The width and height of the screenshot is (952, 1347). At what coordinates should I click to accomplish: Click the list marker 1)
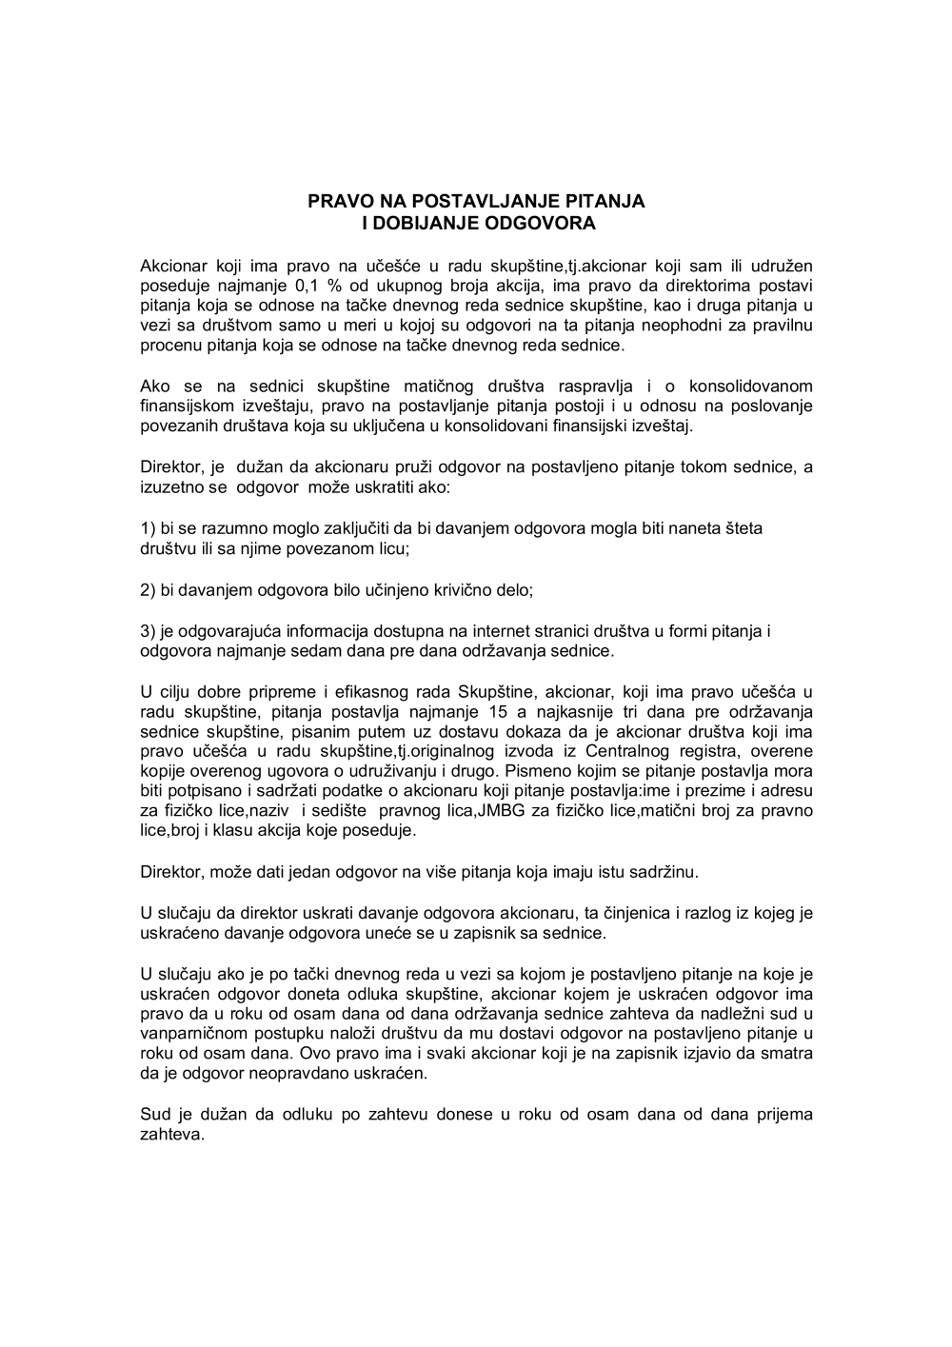click(x=148, y=528)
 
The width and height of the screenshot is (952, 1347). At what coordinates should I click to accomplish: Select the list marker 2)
click(x=148, y=590)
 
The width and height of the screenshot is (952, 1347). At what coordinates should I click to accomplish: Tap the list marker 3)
click(x=148, y=631)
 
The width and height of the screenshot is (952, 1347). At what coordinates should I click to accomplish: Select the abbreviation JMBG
click(x=491, y=811)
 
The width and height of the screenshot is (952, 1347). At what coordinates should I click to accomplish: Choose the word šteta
click(x=743, y=528)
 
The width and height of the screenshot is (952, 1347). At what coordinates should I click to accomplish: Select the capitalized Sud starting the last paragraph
click(x=155, y=1115)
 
